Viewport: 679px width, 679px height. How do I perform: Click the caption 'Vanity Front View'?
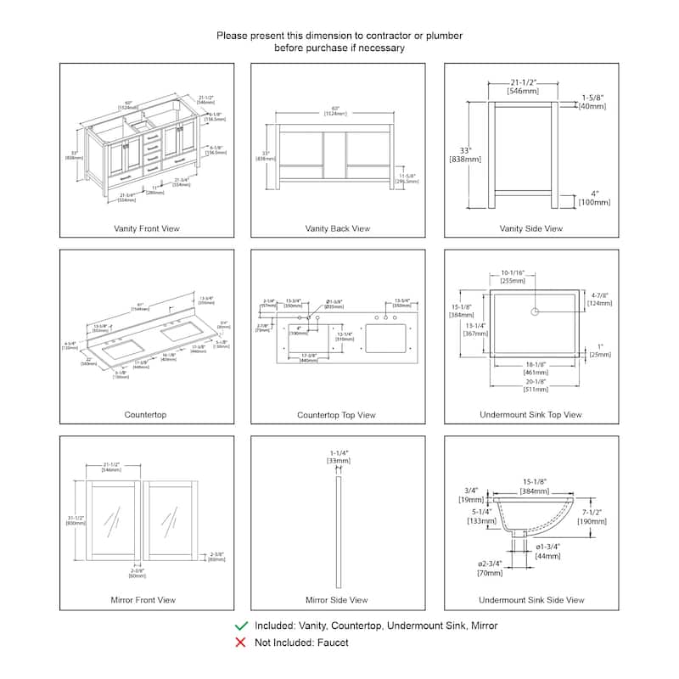coord(147,228)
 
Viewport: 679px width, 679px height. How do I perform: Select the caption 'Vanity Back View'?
coord(338,228)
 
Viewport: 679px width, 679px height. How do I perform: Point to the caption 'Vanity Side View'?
coord(530,228)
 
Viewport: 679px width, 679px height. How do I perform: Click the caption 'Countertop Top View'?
coord(337,415)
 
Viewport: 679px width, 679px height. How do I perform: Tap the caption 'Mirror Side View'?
coord(337,600)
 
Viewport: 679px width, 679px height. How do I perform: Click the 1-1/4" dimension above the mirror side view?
coord(338,456)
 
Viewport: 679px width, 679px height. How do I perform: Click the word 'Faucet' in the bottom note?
coord(331,643)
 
